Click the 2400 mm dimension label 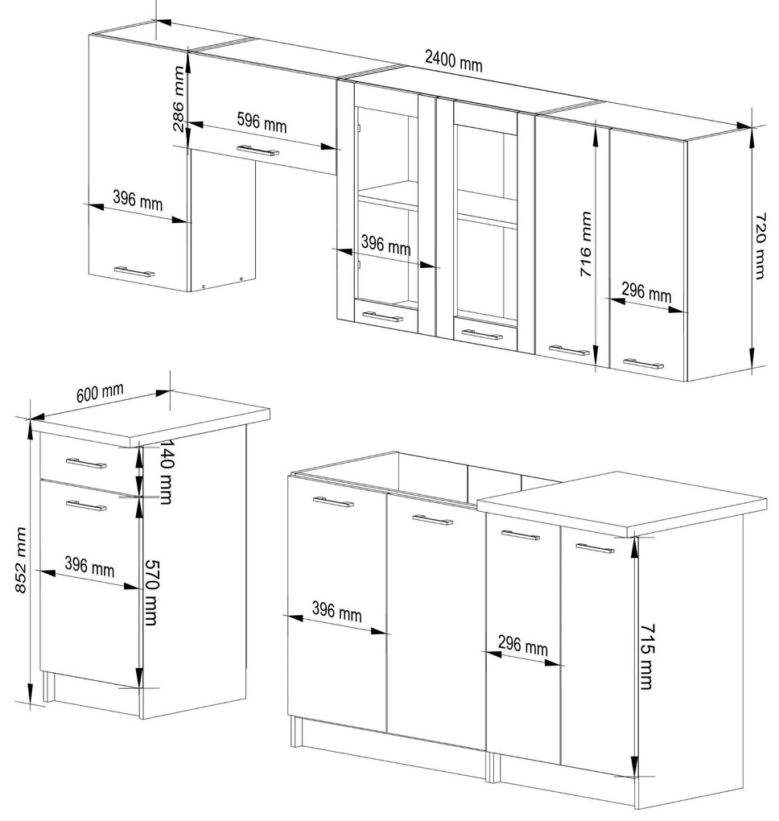point(453,60)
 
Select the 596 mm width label point(262,122)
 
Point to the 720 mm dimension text point(760,245)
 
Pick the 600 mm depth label point(100,393)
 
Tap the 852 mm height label point(20,560)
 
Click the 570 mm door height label point(150,592)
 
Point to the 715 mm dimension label point(647,656)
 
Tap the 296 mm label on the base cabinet point(523,645)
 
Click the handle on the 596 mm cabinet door point(258,151)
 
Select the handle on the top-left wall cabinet point(134,272)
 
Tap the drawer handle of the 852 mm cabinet point(86,464)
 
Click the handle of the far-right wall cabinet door point(644,363)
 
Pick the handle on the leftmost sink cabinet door point(333,501)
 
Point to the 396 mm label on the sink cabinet point(336,611)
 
